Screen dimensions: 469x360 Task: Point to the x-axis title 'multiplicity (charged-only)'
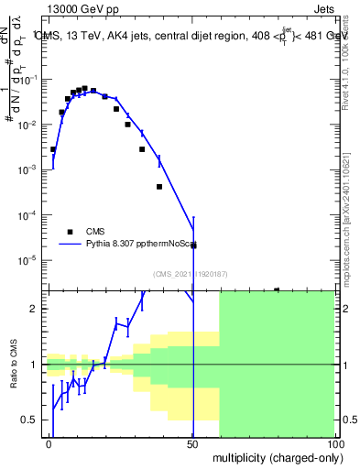tap(274, 456)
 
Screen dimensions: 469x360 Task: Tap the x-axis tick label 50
tap(193, 444)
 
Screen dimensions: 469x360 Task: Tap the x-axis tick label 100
tap(334, 444)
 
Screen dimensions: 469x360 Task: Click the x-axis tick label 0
tap(49, 444)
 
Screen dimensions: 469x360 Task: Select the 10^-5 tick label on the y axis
tap(31, 260)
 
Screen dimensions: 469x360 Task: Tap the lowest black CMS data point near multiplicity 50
tap(193, 245)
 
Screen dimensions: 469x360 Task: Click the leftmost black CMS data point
tap(53, 149)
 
